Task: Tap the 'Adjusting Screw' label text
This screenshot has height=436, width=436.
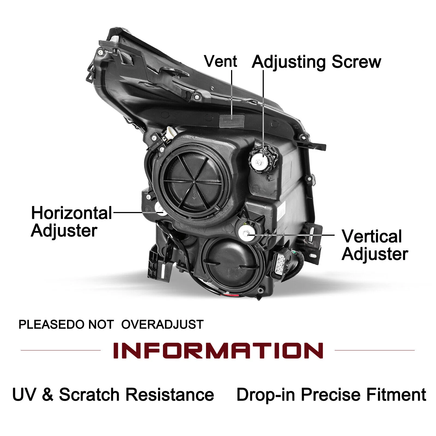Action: point(316,62)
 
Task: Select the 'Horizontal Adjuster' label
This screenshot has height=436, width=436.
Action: point(71,222)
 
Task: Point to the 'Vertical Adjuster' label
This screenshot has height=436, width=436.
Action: point(375,245)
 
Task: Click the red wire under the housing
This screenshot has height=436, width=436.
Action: point(229,295)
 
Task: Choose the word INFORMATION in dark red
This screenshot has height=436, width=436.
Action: point(218,350)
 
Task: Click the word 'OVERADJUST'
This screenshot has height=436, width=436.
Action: point(162,325)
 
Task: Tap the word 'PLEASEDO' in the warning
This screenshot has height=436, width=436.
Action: point(51,325)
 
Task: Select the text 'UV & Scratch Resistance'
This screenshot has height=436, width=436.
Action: point(113,395)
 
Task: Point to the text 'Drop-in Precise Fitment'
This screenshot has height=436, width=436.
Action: point(331,395)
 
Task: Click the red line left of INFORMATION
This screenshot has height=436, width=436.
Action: point(61,350)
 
